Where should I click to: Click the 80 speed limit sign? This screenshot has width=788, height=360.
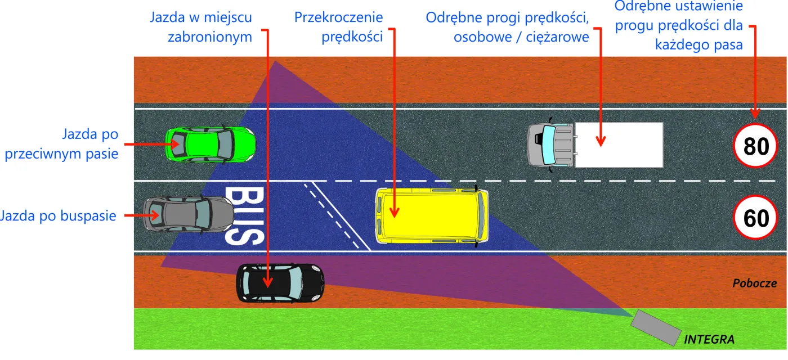755,146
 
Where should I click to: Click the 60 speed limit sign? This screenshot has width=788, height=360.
755,218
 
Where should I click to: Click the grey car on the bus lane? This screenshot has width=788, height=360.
188,214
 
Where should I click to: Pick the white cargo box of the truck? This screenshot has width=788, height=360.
618,145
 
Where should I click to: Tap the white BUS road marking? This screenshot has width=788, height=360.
244,216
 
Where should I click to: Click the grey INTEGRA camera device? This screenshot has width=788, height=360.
654,327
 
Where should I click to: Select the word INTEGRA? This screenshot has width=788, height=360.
709,340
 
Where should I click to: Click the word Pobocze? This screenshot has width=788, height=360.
754,283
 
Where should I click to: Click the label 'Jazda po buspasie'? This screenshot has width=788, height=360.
58,215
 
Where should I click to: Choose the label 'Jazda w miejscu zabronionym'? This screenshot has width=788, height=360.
201,27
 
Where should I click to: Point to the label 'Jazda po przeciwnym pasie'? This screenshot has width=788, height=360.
62,144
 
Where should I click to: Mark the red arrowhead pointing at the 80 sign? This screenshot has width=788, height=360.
755,112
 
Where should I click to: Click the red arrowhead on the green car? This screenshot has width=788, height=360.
171,144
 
